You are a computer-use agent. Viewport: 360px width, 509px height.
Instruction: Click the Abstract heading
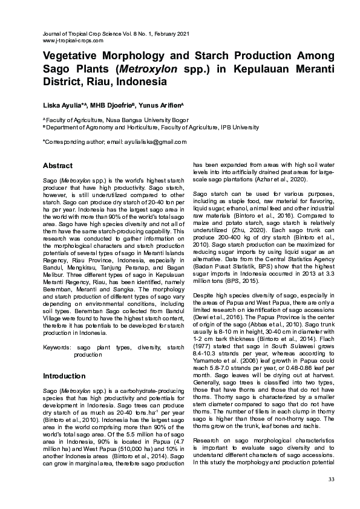(x=57, y=166)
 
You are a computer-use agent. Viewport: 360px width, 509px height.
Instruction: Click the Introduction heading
(x=64, y=376)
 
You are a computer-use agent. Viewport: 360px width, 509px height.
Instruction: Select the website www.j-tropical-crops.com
(x=73, y=41)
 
